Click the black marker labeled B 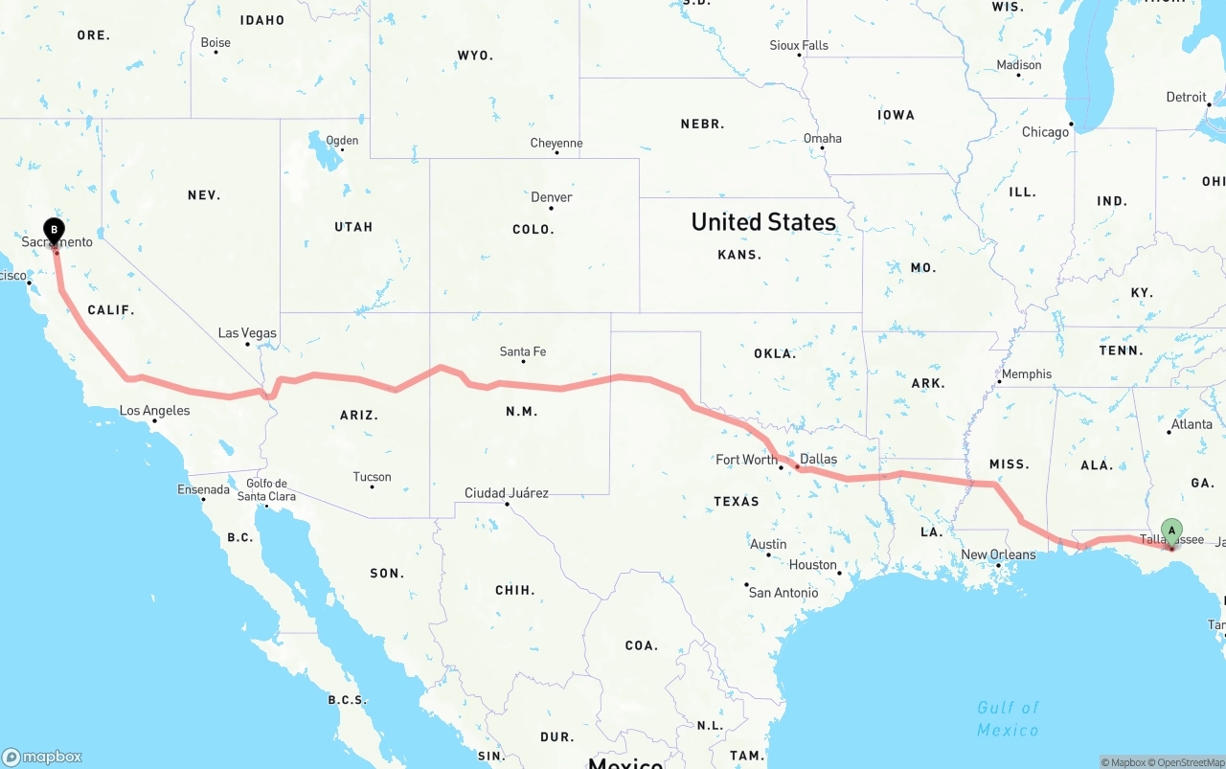point(55,230)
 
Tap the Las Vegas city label point(247,333)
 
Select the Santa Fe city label point(523,352)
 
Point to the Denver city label point(552,197)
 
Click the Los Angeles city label point(154,411)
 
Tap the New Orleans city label point(998,554)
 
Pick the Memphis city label point(1027,373)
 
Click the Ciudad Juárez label point(507,493)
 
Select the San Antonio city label point(783,593)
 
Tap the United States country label point(763,222)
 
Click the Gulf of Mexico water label point(1008,718)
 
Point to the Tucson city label point(372,477)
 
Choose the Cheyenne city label point(556,144)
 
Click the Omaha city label point(823,138)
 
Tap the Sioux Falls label point(799,45)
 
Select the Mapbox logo point(42,757)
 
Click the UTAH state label point(353,227)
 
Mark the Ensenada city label point(203,489)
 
